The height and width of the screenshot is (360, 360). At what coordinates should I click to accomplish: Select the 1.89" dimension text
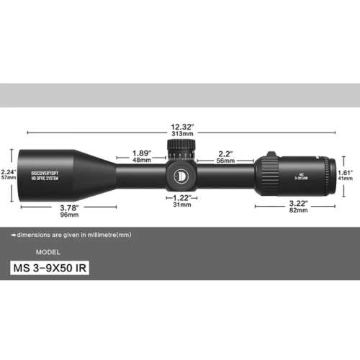pyautogui.click(x=142, y=153)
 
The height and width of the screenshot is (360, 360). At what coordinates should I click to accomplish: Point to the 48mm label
pyautogui.click(x=142, y=161)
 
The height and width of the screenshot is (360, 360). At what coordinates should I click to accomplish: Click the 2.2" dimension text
pyautogui.click(x=225, y=153)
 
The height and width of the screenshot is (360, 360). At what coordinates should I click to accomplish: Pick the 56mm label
pyautogui.click(x=225, y=161)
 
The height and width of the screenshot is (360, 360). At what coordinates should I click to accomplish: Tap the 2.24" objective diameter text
pyautogui.click(x=9, y=171)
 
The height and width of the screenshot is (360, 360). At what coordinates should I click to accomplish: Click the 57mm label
pyautogui.click(x=9, y=179)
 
